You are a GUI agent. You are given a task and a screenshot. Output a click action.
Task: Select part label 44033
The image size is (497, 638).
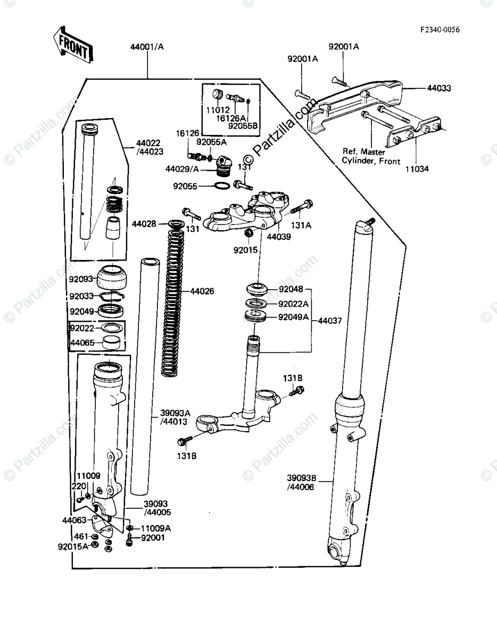(x=438, y=88)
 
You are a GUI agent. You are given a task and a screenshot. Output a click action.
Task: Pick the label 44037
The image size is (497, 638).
(x=330, y=321)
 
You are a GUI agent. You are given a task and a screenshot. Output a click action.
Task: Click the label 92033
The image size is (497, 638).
(x=82, y=296)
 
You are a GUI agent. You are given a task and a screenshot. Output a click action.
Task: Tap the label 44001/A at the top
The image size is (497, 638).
(x=147, y=47)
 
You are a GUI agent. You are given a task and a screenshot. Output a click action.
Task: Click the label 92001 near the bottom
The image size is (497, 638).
(x=153, y=538)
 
